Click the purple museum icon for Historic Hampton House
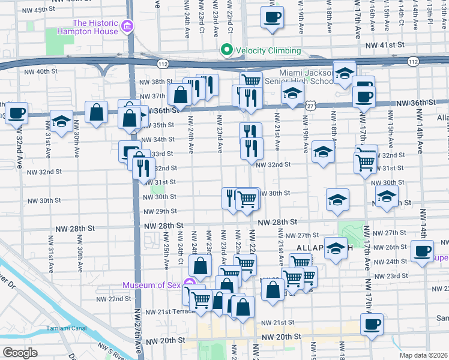coord(127,26)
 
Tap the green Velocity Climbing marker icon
coord(226,50)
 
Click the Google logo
coord(20,352)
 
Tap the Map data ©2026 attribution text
coord(423,355)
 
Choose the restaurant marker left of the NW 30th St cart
coord(230,197)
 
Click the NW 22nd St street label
coord(113,298)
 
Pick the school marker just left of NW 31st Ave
coord(61,121)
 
